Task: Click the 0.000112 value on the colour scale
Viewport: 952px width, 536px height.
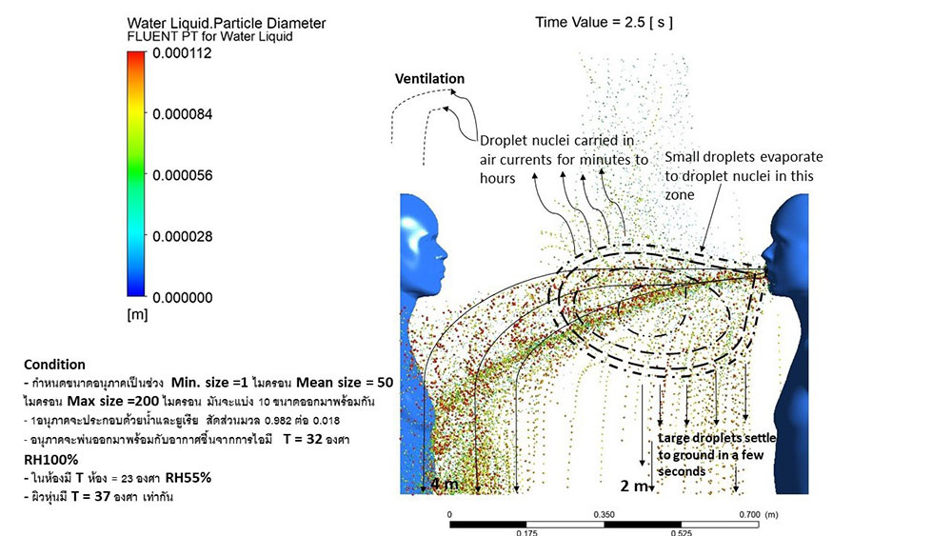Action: pyautogui.click(x=186, y=54)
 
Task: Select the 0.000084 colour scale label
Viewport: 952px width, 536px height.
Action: pyautogui.click(x=186, y=114)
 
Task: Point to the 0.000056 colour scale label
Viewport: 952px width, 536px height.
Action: pyautogui.click(x=186, y=175)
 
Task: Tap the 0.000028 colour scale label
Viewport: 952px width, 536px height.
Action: pyautogui.click(x=186, y=236)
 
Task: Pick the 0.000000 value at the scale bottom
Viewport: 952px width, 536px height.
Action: pyautogui.click(x=186, y=297)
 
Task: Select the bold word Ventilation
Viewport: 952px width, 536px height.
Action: pyautogui.click(x=430, y=78)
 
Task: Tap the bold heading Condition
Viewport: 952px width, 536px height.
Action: pyautogui.click(x=54, y=364)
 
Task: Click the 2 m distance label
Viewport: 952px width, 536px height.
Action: pyautogui.click(x=634, y=486)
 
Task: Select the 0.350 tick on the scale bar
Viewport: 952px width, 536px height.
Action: pyautogui.click(x=603, y=514)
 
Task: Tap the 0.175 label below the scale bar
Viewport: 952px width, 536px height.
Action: pyautogui.click(x=526, y=532)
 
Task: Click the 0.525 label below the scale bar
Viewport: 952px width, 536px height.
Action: pyautogui.click(x=680, y=532)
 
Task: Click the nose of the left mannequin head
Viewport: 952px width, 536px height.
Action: pyautogui.click(x=443, y=255)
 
